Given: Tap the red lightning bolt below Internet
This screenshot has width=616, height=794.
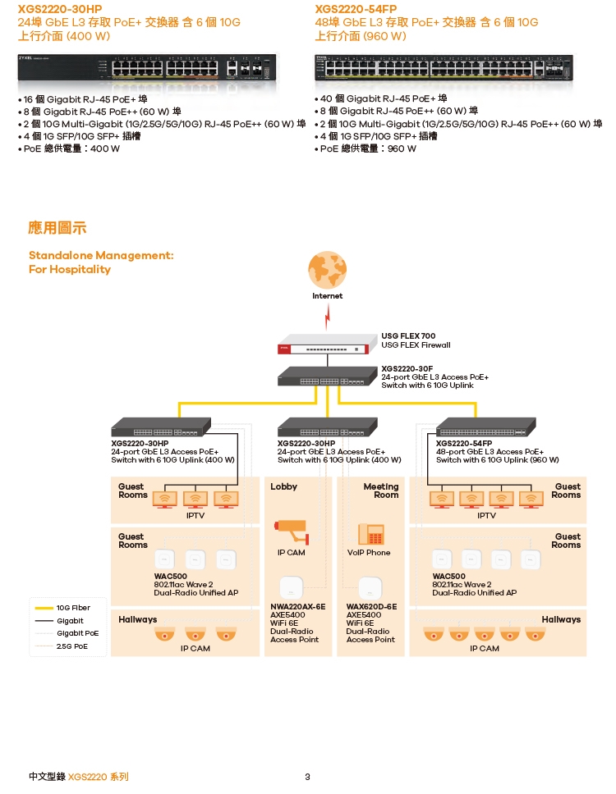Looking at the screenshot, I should coord(328,313).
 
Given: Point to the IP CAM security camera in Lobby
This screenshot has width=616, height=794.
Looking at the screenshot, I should coord(292,530).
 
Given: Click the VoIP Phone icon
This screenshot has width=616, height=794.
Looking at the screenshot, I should coord(371,534).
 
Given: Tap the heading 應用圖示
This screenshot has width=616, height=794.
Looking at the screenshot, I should coord(57,227).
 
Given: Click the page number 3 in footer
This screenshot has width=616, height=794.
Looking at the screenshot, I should coord(307,777).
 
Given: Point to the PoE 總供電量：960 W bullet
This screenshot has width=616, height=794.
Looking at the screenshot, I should coord(368,148).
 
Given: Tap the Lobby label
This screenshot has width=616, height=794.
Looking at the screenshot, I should coord(284,486).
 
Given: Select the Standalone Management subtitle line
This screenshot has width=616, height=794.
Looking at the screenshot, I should coord(101,255).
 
